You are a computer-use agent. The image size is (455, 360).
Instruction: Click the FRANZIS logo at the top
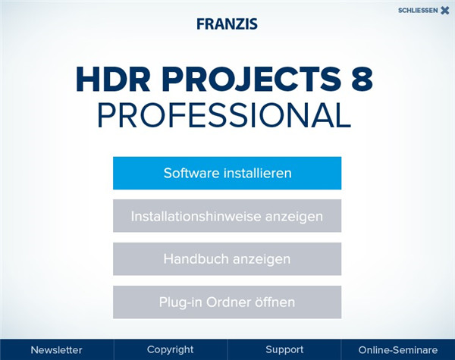(x=227, y=23)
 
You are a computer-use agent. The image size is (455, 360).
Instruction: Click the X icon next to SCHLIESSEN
(x=444, y=11)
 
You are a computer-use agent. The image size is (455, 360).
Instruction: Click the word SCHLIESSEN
(x=417, y=11)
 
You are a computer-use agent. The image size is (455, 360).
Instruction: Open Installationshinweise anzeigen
(x=227, y=216)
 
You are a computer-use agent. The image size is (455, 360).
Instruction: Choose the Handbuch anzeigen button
(x=227, y=259)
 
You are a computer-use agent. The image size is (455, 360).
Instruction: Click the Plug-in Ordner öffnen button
(x=227, y=302)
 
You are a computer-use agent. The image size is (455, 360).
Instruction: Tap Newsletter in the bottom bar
(x=56, y=350)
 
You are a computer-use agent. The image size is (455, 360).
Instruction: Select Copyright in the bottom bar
(x=170, y=350)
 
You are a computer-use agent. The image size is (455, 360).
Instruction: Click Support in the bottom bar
(x=284, y=350)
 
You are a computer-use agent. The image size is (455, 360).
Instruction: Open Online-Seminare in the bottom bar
(x=398, y=350)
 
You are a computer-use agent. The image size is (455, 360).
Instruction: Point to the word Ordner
(x=231, y=302)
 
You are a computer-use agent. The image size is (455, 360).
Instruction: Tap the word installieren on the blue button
(x=256, y=173)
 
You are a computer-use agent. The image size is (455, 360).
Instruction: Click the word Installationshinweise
(x=196, y=216)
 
